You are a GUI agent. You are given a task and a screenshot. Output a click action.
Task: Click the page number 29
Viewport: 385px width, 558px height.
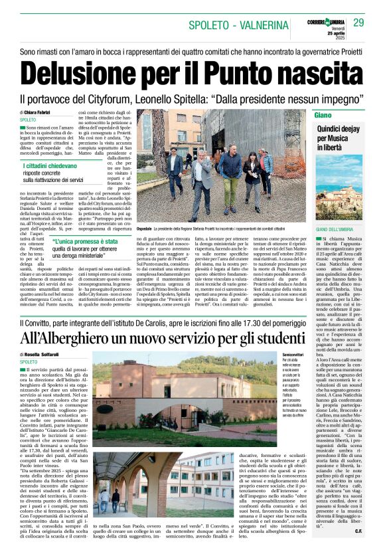tap(358, 23)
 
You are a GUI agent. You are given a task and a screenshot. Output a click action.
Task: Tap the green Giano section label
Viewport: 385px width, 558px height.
tap(323, 114)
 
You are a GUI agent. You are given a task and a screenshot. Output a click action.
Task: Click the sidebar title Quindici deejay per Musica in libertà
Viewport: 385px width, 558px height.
tap(328, 136)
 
